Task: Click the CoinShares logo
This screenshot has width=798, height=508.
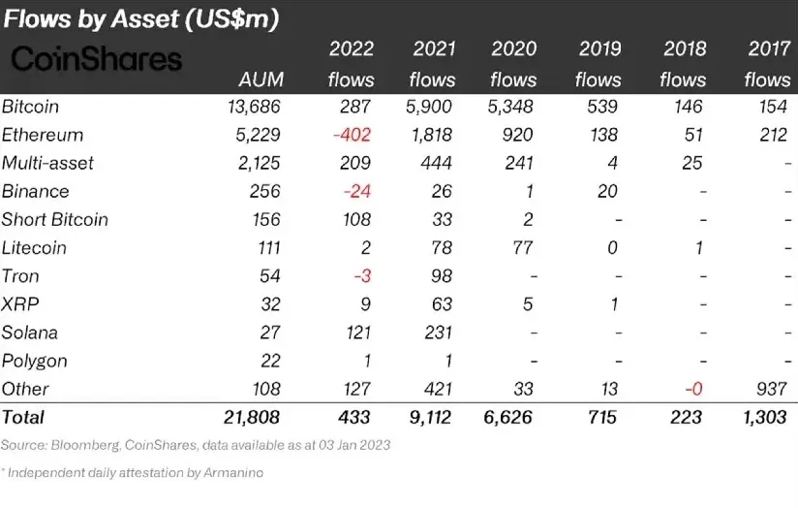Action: pos(96,60)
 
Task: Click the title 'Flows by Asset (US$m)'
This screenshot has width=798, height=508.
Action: pos(141,19)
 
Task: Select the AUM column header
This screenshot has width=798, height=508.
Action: pos(260,79)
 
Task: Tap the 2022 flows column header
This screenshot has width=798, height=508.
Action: pos(351,64)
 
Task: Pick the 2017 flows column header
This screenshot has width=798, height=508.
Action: pos(767,64)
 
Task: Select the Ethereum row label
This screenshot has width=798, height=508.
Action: pos(43,136)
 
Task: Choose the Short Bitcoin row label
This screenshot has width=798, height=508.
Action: pos(55,219)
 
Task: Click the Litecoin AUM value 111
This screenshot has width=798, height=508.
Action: pos(264,247)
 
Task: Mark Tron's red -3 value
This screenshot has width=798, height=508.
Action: pos(363,276)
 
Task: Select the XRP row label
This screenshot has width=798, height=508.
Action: pos(21,304)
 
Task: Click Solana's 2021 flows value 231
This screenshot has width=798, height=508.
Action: pos(438,333)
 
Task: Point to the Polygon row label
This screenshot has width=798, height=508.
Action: pos(35,361)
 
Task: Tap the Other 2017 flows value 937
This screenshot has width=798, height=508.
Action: pos(772,389)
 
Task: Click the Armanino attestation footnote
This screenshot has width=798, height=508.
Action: pos(134,472)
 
